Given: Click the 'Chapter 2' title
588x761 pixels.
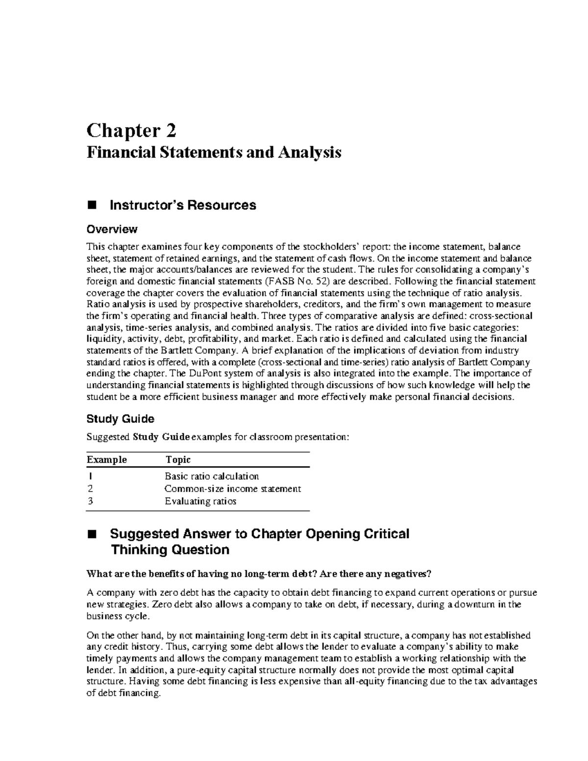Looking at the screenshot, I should [x=131, y=131].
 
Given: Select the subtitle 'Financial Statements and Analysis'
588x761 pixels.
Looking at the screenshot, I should [x=214, y=152].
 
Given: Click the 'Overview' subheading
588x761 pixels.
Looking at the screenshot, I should [x=112, y=229].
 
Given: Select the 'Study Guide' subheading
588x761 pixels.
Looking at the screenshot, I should [x=120, y=419].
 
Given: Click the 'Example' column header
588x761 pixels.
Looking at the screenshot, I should [x=106, y=460].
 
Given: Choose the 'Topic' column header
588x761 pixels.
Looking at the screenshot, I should [x=178, y=460].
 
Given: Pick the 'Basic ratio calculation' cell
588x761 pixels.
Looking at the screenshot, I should [x=212, y=476].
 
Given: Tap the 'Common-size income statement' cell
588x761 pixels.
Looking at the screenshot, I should [x=233, y=489].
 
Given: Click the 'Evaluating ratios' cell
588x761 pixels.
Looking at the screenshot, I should [x=200, y=501].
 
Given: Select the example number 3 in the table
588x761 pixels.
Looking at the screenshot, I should [x=89, y=501].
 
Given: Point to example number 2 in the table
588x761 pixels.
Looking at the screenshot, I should [x=89, y=489].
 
